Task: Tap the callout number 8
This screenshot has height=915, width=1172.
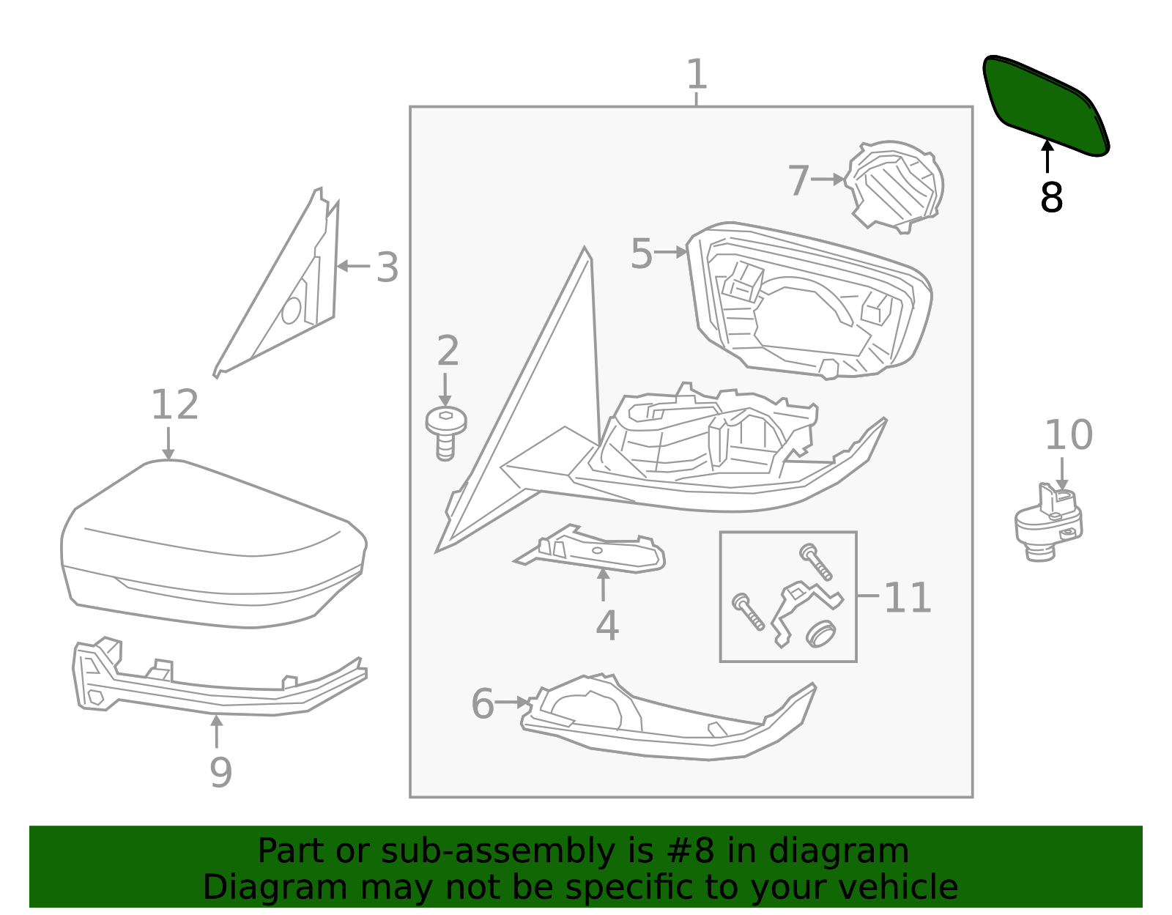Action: click(1051, 198)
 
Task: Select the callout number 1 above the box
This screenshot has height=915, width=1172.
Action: click(697, 75)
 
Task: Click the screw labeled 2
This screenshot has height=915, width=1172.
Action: click(445, 432)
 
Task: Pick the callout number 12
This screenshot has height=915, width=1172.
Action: click(174, 405)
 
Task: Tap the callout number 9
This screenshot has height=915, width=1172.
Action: click(220, 772)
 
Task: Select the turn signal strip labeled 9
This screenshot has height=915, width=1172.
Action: click(220, 685)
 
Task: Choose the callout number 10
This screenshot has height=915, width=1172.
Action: click(1068, 436)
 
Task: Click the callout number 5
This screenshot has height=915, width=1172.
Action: click(641, 254)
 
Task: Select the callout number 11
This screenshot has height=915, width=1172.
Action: click(907, 598)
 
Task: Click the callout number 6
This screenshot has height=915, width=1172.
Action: click(483, 704)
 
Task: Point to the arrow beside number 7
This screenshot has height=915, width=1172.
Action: click(828, 179)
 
